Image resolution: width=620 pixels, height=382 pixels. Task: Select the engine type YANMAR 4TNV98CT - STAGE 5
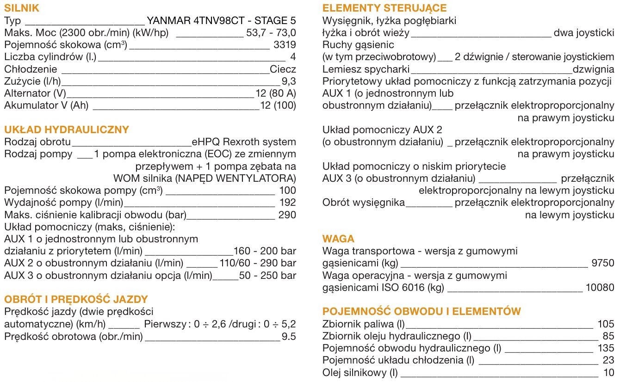point(221,21)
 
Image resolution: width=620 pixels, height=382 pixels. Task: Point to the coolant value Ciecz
point(283,69)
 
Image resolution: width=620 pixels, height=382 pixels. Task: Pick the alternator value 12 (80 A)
point(276,93)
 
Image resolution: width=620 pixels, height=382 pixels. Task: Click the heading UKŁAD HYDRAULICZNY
point(67,129)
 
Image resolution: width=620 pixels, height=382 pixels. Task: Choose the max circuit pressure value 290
point(287,215)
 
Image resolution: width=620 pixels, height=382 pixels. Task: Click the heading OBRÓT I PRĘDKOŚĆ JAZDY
point(76,299)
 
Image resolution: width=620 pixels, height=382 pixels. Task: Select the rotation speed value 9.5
point(289,336)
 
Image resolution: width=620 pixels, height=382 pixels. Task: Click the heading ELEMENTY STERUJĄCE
point(384,8)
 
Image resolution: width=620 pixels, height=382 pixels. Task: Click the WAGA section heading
point(338,239)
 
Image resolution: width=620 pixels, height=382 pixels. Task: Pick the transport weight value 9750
point(603,263)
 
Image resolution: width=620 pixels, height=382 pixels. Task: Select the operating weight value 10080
point(600,288)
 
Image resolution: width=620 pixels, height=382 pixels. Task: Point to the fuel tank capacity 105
point(606,324)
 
